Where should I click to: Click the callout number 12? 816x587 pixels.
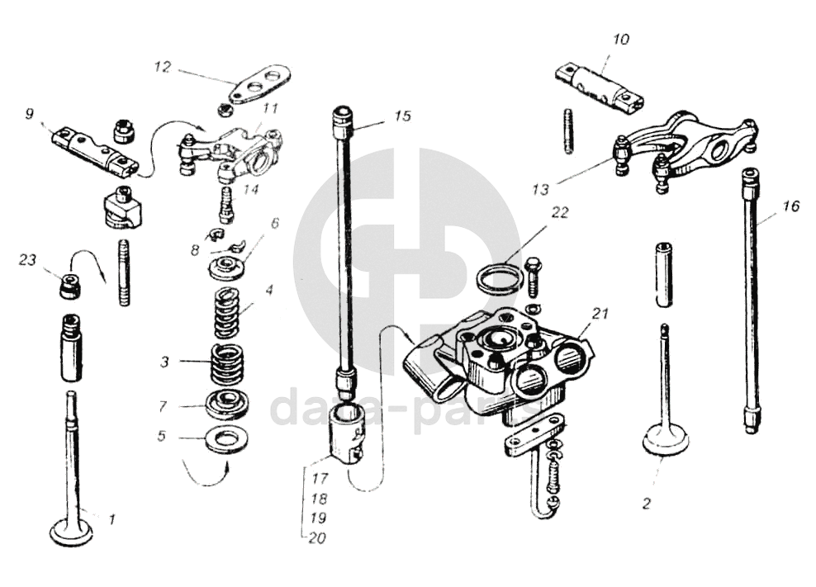click(x=162, y=67)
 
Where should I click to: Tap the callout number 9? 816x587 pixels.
click(x=30, y=114)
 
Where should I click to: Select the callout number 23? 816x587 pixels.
click(x=28, y=261)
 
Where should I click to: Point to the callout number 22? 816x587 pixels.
click(x=561, y=212)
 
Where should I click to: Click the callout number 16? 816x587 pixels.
click(x=790, y=206)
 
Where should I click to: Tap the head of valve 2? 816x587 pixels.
click(x=665, y=439)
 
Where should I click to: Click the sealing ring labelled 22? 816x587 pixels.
click(x=500, y=278)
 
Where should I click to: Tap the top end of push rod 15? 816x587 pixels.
click(x=343, y=121)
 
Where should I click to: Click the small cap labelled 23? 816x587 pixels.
click(x=70, y=286)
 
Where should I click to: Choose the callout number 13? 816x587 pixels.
click(x=540, y=189)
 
